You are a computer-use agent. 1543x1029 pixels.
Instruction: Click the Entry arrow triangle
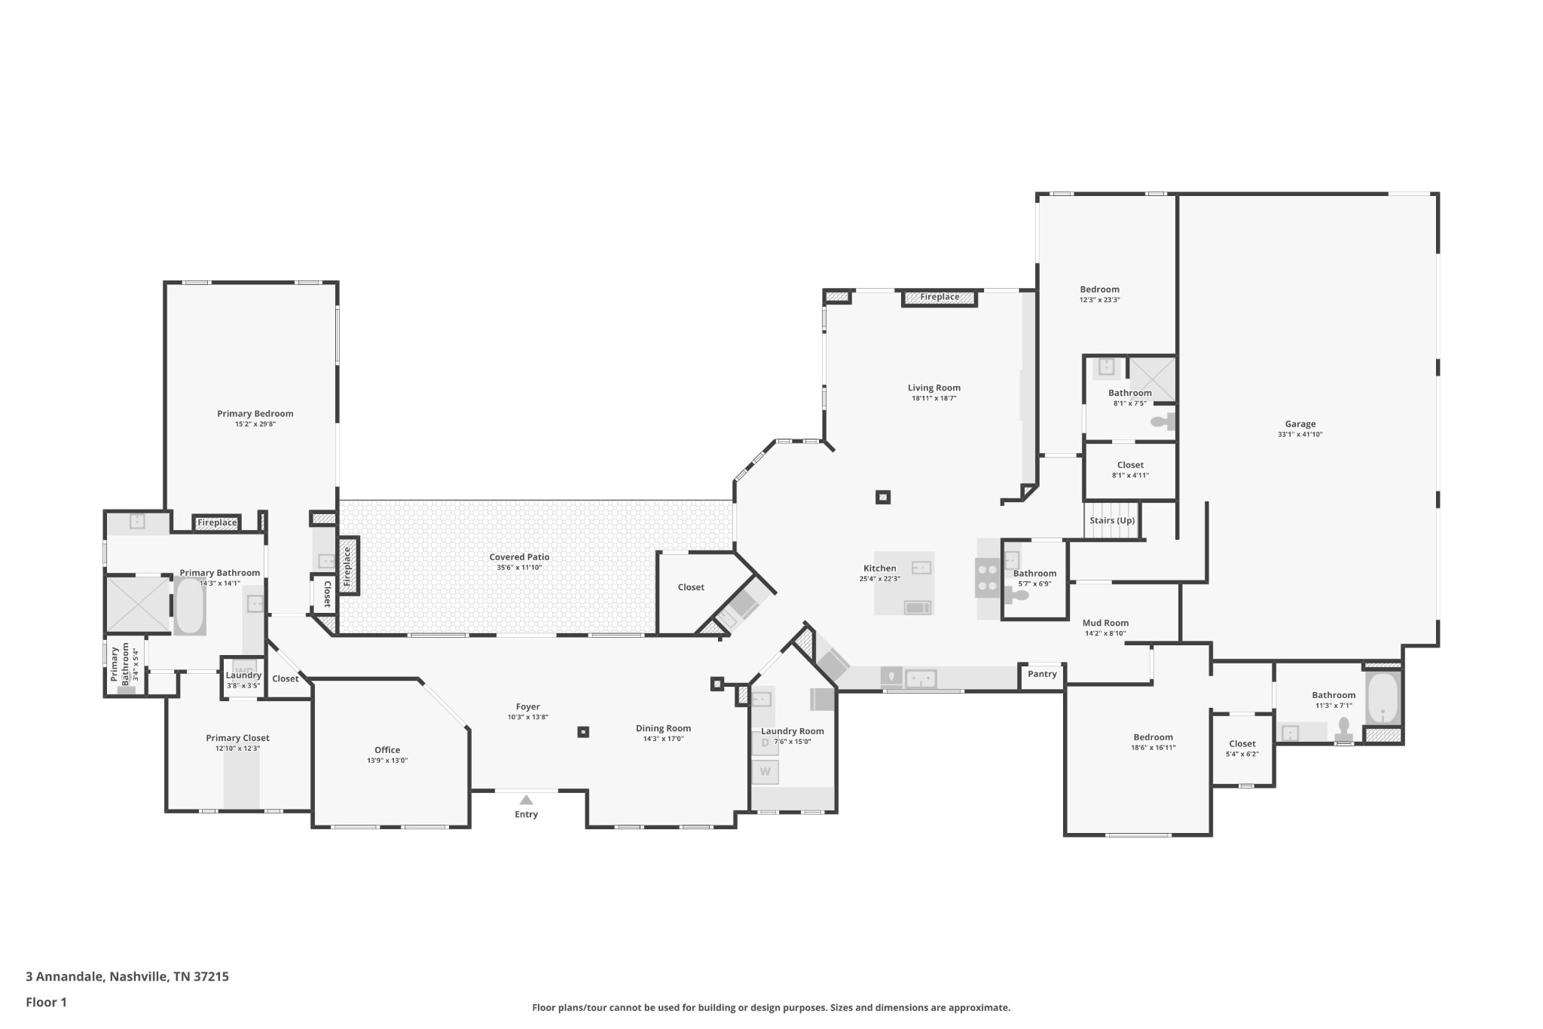pyautogui.click(x=526, y=800)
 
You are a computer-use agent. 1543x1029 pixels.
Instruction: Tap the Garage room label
pyautogui.click(x=1300, y=424)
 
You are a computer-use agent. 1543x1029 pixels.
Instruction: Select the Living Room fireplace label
pyautogui.click(x=940, y=297)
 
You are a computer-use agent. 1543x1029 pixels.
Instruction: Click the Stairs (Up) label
pyautogui.click(x=1112, y=521)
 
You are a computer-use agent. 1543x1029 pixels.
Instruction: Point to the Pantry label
pyautogui.click(x=1042, y=674)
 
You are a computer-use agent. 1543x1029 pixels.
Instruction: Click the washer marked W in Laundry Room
pyautogui.click(x=765, y=772)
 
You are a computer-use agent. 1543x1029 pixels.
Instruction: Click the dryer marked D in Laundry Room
pyautogui.click(x=765, y=743)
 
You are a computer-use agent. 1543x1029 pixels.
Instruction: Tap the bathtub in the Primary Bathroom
pyautogui.click(x=190, y=605)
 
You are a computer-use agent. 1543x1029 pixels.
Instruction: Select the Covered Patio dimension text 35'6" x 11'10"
pyautogui.click(x=519, y=568)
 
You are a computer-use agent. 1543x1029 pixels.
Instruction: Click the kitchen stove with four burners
pyautogui.click(x=987, y=577)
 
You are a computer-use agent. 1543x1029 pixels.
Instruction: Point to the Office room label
pyautogui.click(x=387, y=750)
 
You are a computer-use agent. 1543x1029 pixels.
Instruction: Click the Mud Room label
pyautogui.click(x=1105, y=623)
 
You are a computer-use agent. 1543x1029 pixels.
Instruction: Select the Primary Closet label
pyautogui.click(x=237, y=738)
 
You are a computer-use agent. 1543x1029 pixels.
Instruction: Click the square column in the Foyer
pyautogui.click(x=582, y=732)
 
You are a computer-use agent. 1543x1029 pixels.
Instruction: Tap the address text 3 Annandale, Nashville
pyautogui.click(x=127, y=976)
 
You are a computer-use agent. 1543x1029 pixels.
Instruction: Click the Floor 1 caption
pyautogui.click(x=46, y=1002)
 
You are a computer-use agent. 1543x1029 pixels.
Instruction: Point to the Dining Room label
pyautogui.click(x=663, y=728)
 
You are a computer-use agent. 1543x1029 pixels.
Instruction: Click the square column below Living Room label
pyautogui.click(x=883, y=498)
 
